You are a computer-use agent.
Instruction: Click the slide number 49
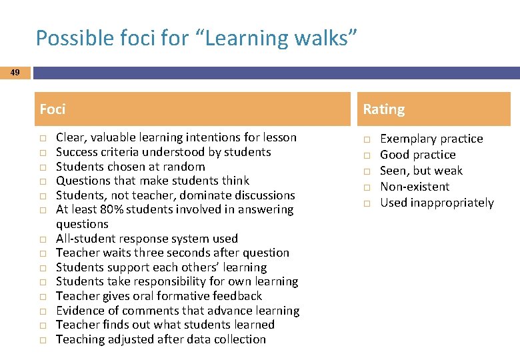[15, 72]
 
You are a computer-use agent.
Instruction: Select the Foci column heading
[53, 109]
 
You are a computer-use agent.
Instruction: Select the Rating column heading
[383, 109]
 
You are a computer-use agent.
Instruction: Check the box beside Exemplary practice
[366, 139]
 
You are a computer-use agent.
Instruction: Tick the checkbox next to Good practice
[366, 155]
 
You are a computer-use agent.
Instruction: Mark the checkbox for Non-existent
[366, 187]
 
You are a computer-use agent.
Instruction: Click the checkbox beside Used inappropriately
[366, 203]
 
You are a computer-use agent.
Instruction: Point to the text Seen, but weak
[421, 171]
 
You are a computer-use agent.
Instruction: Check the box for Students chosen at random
[42, 167]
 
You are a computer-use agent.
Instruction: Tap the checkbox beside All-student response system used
[42, 239]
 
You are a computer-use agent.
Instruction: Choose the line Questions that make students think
[152, 181]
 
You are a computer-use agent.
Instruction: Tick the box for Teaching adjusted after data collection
[42, 340]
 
